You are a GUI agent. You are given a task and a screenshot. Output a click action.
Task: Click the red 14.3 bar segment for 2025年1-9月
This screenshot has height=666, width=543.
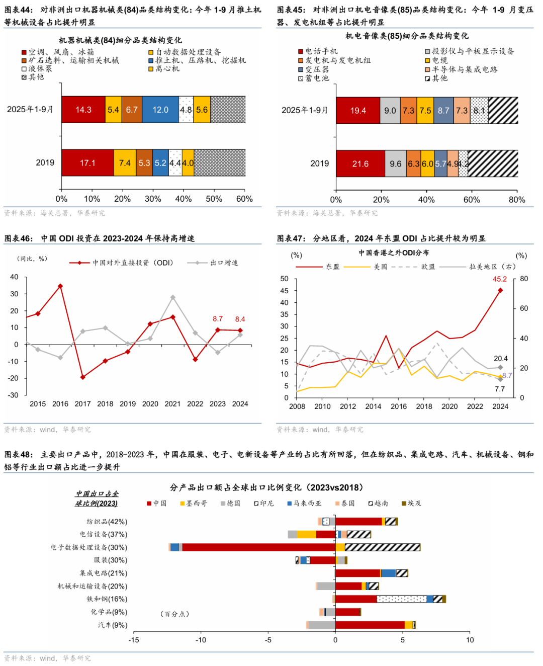click(83, 110)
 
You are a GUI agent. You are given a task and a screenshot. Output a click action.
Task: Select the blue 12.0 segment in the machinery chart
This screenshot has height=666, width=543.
click(160, 110)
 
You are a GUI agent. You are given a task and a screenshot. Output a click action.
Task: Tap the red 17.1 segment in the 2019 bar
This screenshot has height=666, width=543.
click(87, 163)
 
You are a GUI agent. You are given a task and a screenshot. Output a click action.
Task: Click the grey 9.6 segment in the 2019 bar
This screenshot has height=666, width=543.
click(396, 164)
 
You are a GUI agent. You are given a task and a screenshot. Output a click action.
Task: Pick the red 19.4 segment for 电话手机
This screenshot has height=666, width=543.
click(358, 111)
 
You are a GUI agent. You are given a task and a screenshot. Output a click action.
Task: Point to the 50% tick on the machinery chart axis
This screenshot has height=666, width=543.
click(214, 199)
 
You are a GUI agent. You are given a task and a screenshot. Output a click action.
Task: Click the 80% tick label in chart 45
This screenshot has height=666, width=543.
click(517, 200)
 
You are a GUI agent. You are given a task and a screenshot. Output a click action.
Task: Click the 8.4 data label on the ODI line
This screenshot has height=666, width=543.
click(240, 319)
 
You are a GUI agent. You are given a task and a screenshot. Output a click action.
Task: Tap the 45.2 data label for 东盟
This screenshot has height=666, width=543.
click(499, 279)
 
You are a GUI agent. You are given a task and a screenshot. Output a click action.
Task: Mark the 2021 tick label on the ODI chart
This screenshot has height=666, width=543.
click(172, 404)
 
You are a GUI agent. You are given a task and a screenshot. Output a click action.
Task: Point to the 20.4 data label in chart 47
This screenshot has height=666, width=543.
click(500, 359)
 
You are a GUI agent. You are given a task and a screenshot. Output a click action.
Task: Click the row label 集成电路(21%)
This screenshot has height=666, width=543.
click(103, 573)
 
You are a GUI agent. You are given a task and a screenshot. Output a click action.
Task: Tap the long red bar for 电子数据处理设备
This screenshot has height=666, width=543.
click(258, 547)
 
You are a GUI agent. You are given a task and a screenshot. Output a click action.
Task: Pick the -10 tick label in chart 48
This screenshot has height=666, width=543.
click(201, 640)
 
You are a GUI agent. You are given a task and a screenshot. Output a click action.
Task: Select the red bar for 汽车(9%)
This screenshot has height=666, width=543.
click(370, 625)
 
